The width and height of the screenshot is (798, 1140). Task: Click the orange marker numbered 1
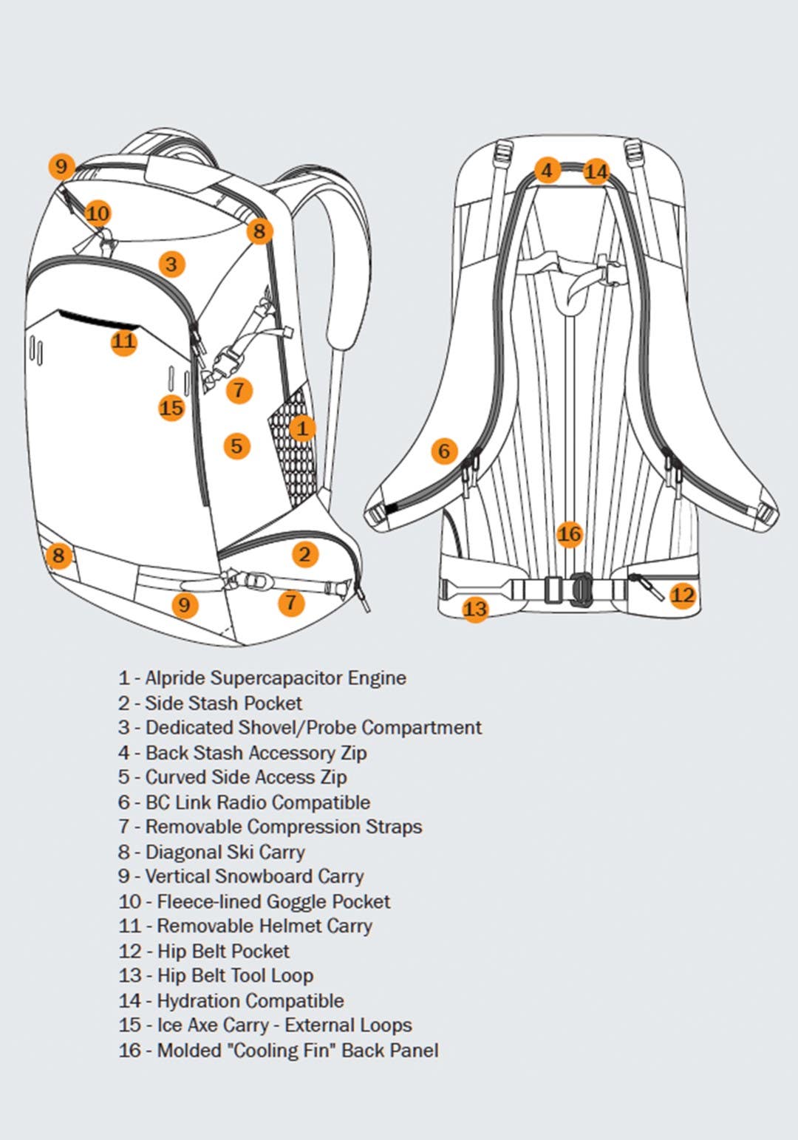tap(302, 428)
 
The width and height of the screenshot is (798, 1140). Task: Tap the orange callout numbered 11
tap(124, 341)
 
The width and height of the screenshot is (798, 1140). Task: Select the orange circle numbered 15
tap(171, 407)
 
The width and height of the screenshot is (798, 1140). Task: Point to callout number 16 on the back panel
tap(569, 534)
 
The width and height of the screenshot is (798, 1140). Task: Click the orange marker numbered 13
tap(475, 609)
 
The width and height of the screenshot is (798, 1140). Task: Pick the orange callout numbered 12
tap(683, 595)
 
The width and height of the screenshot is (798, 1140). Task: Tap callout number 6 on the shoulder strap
tap(444, 451)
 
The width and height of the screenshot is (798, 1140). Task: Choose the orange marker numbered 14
tap(596, 172)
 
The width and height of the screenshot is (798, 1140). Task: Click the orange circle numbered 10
tap(98, 214)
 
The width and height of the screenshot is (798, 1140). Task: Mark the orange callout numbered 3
tap(171, 264)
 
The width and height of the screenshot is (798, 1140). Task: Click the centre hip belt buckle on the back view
tap(581, 590)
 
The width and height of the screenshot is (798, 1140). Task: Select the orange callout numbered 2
tap(304, 554)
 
